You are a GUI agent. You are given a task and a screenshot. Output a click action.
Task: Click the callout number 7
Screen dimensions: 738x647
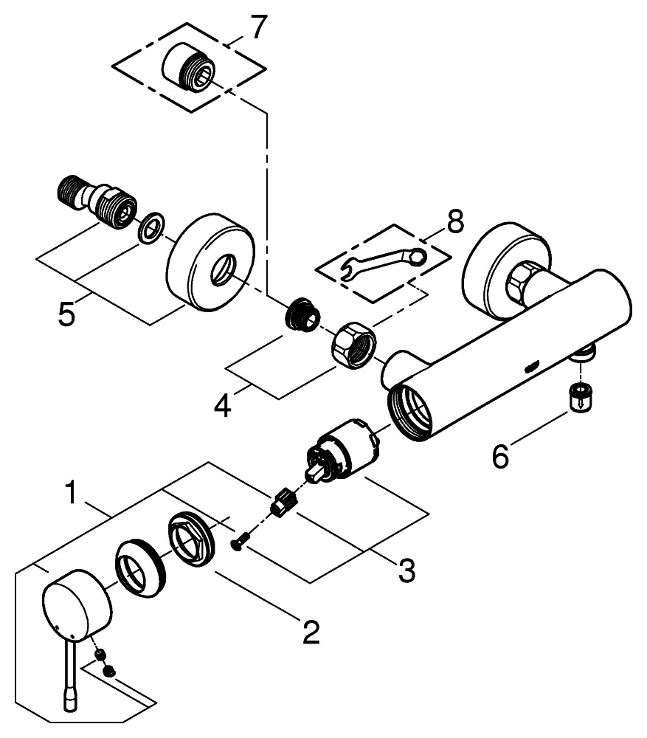pyautogui.click(x=255, y=28)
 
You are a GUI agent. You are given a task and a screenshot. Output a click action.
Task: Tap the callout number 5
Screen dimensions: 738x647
pyautogui.click(x=67, y=315)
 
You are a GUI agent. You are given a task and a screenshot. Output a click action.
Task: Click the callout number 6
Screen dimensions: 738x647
pyautogui.click(x=500, y=457)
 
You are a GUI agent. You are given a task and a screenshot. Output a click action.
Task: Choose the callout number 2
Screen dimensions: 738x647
pyautogui.click(x=310, y=631)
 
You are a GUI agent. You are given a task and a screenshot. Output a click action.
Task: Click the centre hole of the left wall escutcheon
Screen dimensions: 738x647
pyautogui.click(x=220, y=272)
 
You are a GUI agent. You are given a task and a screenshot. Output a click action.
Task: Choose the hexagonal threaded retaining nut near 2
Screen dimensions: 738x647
pyautogui.click(x=191, y=542)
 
